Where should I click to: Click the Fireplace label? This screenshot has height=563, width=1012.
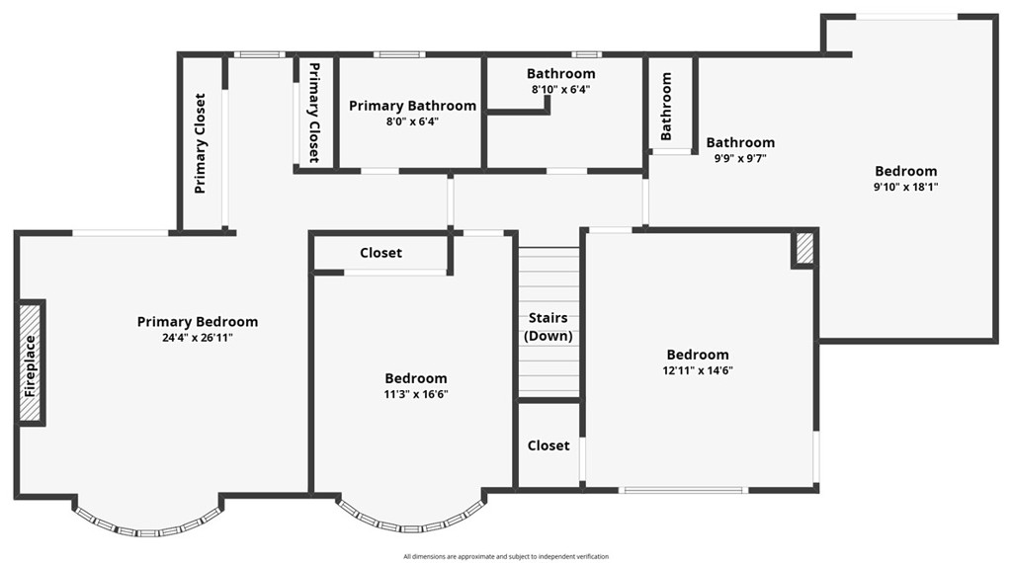point(31,365)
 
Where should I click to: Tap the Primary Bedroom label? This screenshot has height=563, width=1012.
point(198,322)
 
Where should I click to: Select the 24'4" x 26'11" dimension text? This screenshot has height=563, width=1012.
point(198,338)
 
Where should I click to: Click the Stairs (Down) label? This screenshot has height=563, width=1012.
point(548,327)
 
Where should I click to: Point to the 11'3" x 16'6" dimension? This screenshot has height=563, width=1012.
point(416,394)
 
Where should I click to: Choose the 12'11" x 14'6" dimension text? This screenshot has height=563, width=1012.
point(698,371)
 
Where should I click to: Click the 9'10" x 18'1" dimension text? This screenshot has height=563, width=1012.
point(905,187)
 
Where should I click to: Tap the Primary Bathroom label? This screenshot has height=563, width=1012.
point(412,106)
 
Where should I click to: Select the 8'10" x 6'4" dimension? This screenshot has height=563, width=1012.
point(560,90)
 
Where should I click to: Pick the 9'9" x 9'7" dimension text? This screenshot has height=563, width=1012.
point(740,158)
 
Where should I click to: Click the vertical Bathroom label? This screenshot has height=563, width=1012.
point(667,105)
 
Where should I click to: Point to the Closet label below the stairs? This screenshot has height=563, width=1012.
point(548,445)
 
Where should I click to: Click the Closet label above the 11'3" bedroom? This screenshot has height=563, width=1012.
point(380,253)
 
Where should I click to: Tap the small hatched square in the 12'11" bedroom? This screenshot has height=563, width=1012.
point(804,248)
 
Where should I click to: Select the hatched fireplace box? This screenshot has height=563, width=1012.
point(31,362)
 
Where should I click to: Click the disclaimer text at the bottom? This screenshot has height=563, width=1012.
point(506,557)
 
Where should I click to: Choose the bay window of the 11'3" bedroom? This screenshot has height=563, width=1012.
point(410,522)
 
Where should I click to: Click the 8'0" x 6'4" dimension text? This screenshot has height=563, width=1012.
point(412,122)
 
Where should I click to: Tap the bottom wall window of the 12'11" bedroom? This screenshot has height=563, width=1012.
point(683,490)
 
